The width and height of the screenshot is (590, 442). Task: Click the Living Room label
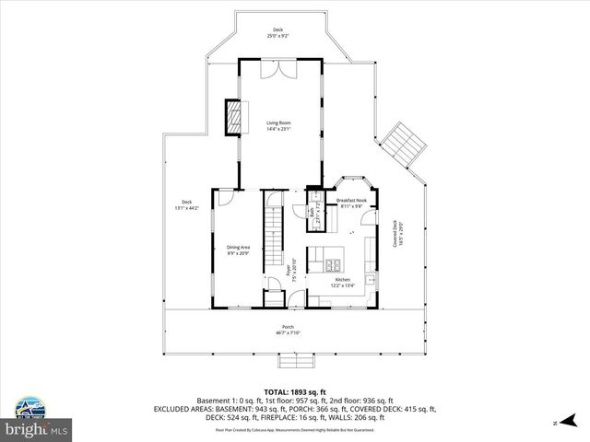pyautogui.click(x=278, y=126)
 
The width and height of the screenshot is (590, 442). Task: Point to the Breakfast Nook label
pyautogui.click(x=351, y=204)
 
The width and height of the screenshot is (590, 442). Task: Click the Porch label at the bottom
pyautogui.click(x=289, y=330)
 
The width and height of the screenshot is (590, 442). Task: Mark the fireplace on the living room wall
pyautogui.click(x=236, y=114)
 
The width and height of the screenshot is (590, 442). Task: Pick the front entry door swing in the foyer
pyautogui.click(x=298, y=297)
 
